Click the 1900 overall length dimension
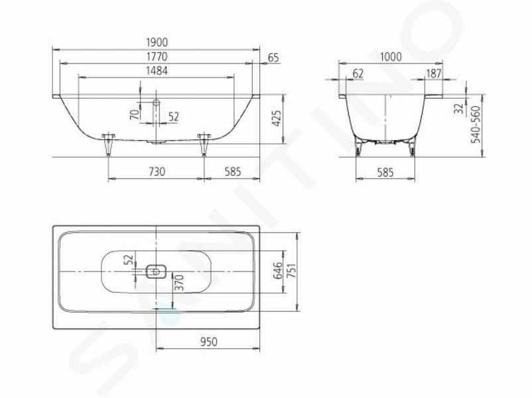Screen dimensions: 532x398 tap(157, 42)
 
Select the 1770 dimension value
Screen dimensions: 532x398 tap(157, 56)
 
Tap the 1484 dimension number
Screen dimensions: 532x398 tap(157, 70)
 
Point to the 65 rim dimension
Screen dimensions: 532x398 tap(273, 58)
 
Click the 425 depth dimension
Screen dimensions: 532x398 tap(277, 119)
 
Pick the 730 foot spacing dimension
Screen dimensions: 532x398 tap(157, 171)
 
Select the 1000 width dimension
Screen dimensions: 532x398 tap(391, 56)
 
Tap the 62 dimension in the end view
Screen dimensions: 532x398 tap(358, 73)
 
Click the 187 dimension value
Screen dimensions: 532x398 tap(434, 73)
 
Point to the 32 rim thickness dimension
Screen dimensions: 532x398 tap(459, 109)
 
